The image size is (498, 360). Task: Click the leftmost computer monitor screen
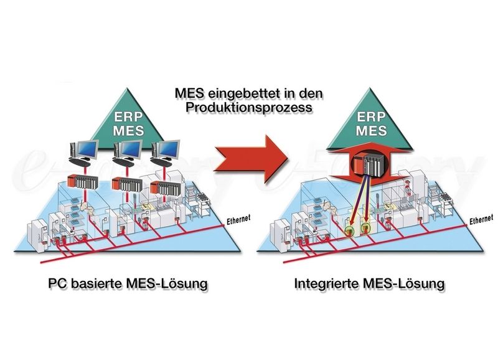(88, 149)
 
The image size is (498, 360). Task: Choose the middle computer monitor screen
(128, 149)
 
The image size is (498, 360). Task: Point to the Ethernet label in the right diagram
(482, 219)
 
